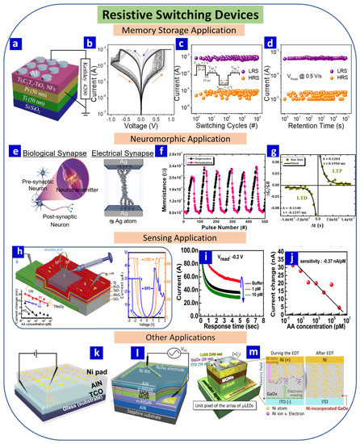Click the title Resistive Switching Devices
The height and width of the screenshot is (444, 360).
[179, 14]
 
